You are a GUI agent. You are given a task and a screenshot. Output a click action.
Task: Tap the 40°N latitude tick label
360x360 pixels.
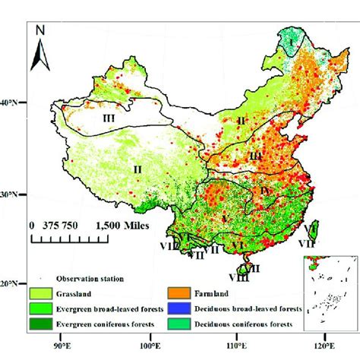13,102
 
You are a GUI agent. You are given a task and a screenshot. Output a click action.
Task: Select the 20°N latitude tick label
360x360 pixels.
13,283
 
